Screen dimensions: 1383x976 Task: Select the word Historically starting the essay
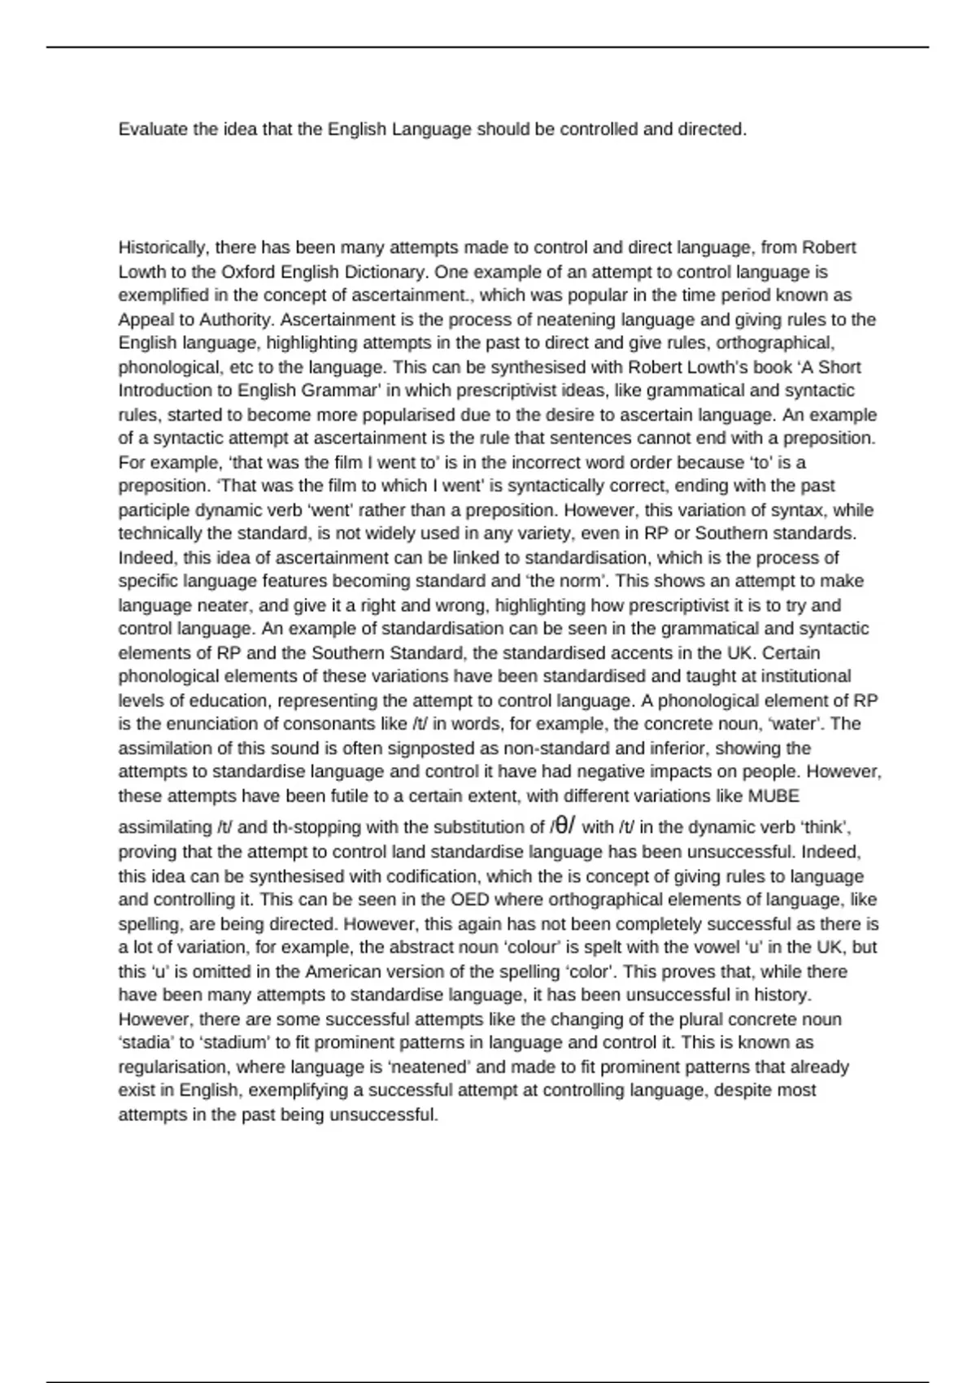(x=163, y=247)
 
